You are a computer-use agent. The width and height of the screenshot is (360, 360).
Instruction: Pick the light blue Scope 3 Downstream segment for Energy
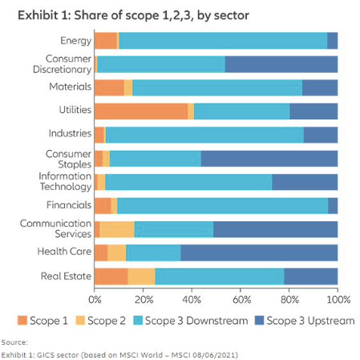click(x=223, y=41)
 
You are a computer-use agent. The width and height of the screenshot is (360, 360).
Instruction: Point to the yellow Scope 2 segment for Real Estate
click(x=141, y=277)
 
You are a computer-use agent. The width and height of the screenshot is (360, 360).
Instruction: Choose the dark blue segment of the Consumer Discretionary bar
click(x=281, y=64)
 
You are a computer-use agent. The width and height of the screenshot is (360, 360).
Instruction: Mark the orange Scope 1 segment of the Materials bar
click(x=109, y=88)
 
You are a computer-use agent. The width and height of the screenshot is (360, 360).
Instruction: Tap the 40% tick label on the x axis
click(x=192, y=299)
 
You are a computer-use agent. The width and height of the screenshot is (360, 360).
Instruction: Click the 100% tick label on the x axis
click(x=337, y=299)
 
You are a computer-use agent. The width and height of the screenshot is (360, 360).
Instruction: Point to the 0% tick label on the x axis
click(x=95, y=299)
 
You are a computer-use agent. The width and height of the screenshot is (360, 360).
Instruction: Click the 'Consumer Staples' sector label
click(x=68, y=158)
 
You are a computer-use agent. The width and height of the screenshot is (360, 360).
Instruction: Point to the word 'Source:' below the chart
click(x=14, y=342)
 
